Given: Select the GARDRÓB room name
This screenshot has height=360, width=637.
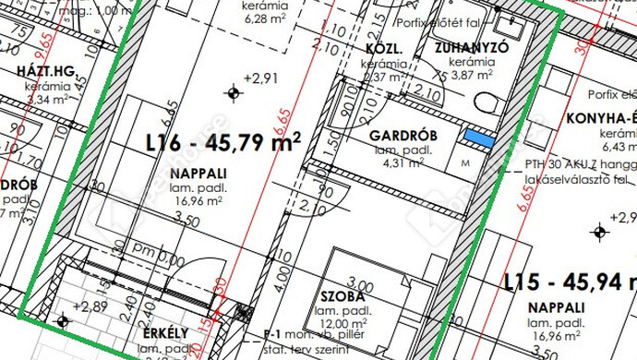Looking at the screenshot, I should (403, 137).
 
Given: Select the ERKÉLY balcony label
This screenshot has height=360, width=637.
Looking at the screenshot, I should (166, 332).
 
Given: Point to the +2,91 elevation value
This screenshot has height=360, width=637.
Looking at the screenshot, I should (259, 78).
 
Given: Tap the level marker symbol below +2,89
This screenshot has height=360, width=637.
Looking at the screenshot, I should (63, 321).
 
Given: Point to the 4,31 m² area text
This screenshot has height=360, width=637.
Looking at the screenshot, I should (403, 162).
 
